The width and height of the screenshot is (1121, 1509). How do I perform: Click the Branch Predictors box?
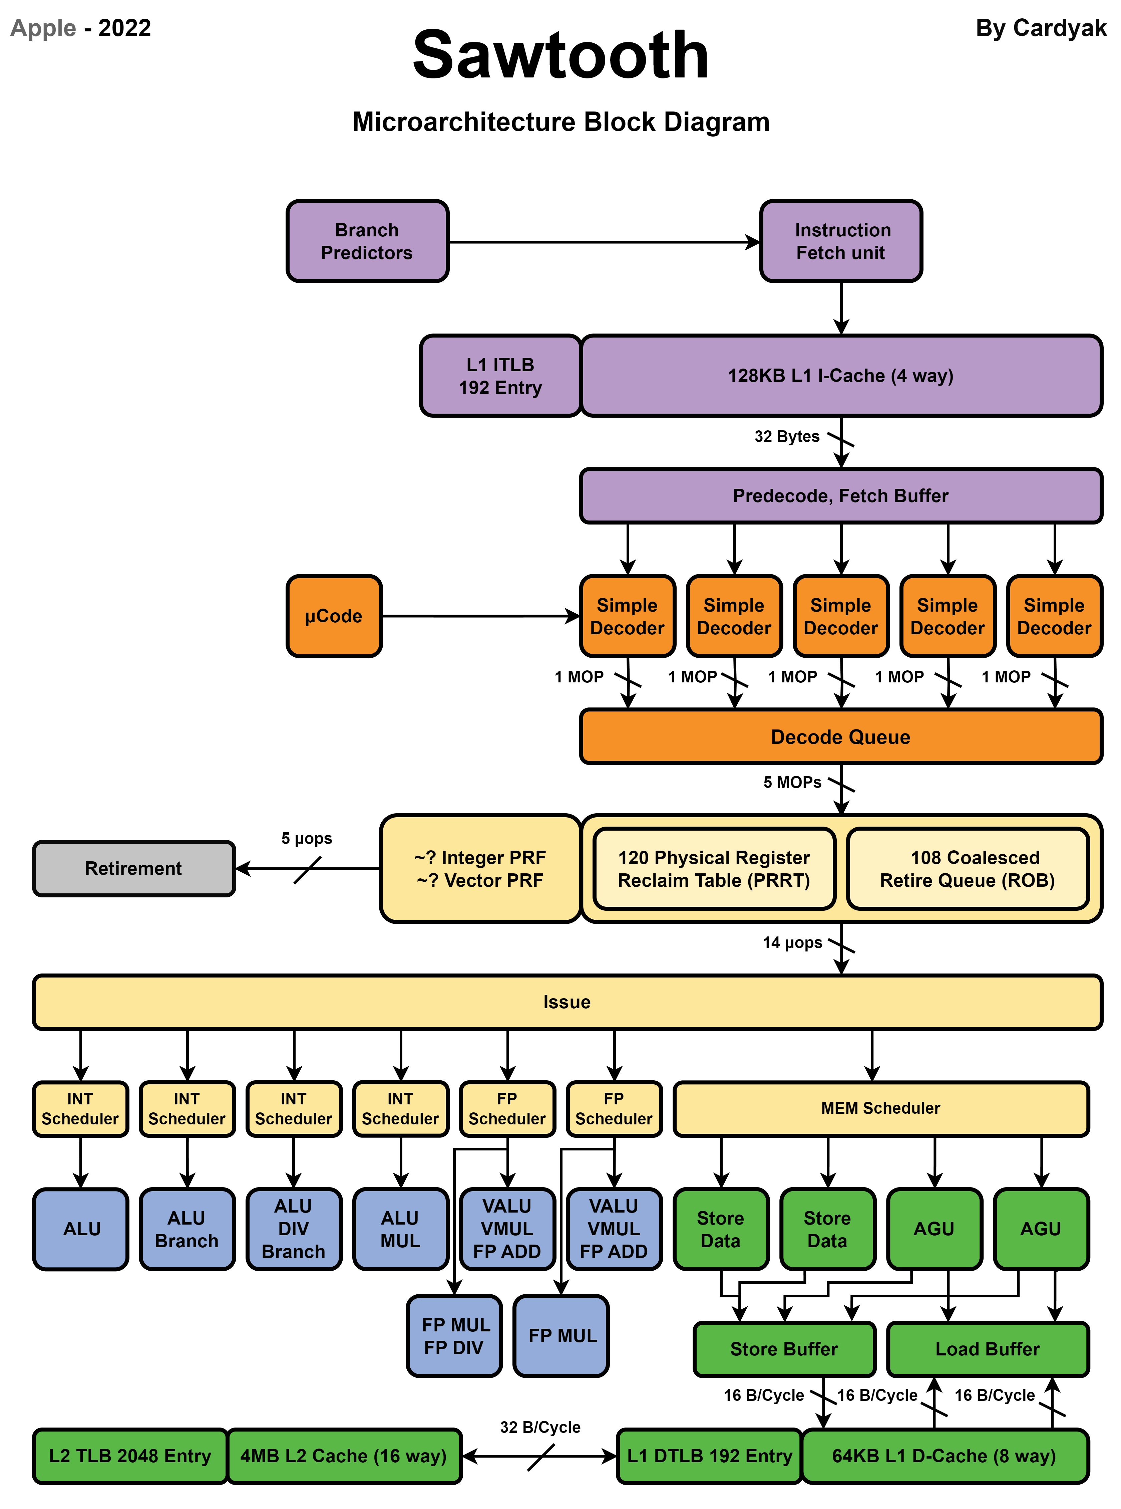point(367,241)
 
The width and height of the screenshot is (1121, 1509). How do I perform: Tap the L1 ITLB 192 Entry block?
point(500,375)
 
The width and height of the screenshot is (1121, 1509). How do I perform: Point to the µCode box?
point(334,616)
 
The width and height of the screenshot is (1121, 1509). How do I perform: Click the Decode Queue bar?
point(841,736)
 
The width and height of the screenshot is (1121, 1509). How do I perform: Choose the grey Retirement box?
point(134,868)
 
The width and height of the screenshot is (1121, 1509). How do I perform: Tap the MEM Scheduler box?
point(881,1108)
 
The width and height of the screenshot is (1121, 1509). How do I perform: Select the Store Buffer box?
point(784,1349)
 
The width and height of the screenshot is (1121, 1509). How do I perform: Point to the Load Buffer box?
point(987,1349)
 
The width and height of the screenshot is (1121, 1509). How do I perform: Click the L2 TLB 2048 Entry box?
point(130,1455)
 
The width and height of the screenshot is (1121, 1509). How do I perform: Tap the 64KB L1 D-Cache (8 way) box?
point(944,1455)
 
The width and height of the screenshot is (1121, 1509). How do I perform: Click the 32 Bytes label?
point(787,436)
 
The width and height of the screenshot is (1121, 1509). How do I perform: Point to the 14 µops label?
point(792,942)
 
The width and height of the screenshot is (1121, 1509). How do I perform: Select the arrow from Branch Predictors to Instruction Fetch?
point(604,242)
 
